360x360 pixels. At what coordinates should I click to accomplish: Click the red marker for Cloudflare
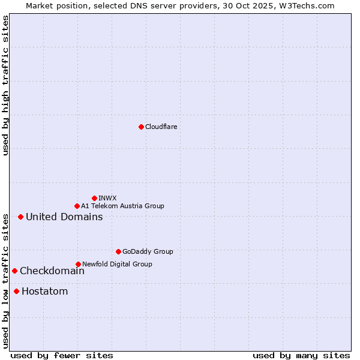(x=141, y=127)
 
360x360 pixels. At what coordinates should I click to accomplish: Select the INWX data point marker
(x=94, y=198)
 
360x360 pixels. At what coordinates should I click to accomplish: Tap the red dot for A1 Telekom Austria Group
(x=77, y=206)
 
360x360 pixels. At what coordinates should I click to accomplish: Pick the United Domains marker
(x=20, y=217)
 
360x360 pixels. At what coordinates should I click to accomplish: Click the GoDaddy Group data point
(x=118, y=251)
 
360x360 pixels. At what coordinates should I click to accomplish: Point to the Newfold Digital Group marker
(x=78, y=264)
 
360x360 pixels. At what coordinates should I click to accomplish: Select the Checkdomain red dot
(x=14, y=271)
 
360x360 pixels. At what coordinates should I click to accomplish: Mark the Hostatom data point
(x=16, y=292)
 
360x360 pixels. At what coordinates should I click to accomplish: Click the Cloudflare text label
(x=161, y=127)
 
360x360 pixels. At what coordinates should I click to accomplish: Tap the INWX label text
(x=107, y=198)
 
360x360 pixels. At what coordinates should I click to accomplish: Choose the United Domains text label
(x=64, y=217)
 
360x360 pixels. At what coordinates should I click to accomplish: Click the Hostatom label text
(x=44, y=292)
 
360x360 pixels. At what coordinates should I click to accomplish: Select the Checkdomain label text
(x=52, y=271)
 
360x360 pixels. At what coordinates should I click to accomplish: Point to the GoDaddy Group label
(x=148, y=251)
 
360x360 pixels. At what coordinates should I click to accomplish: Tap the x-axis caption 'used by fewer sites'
(x=61, y=355)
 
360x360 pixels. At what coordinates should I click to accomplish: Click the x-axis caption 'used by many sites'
(x=301, y=355)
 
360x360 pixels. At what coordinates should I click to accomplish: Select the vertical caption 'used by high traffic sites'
(x=6, y=85)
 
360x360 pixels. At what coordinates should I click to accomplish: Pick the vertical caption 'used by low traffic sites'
(x=6, y=281)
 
